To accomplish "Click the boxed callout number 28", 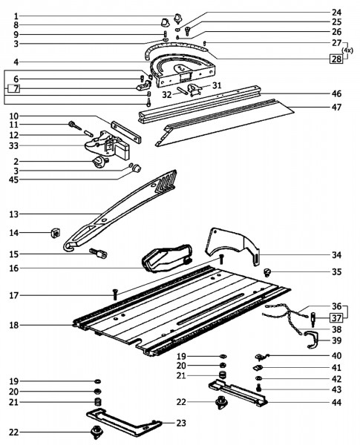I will pos(336,59).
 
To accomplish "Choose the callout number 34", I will pos(336,254).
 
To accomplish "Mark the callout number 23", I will pos(180,422).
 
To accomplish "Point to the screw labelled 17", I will pos(116,294).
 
